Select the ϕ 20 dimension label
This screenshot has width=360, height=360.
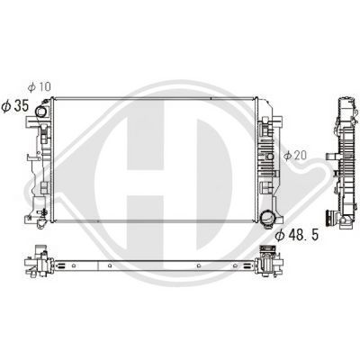(x=297, y=155)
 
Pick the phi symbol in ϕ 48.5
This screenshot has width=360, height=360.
(x=282, y=235)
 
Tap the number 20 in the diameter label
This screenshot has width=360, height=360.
(x=302, y=155)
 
